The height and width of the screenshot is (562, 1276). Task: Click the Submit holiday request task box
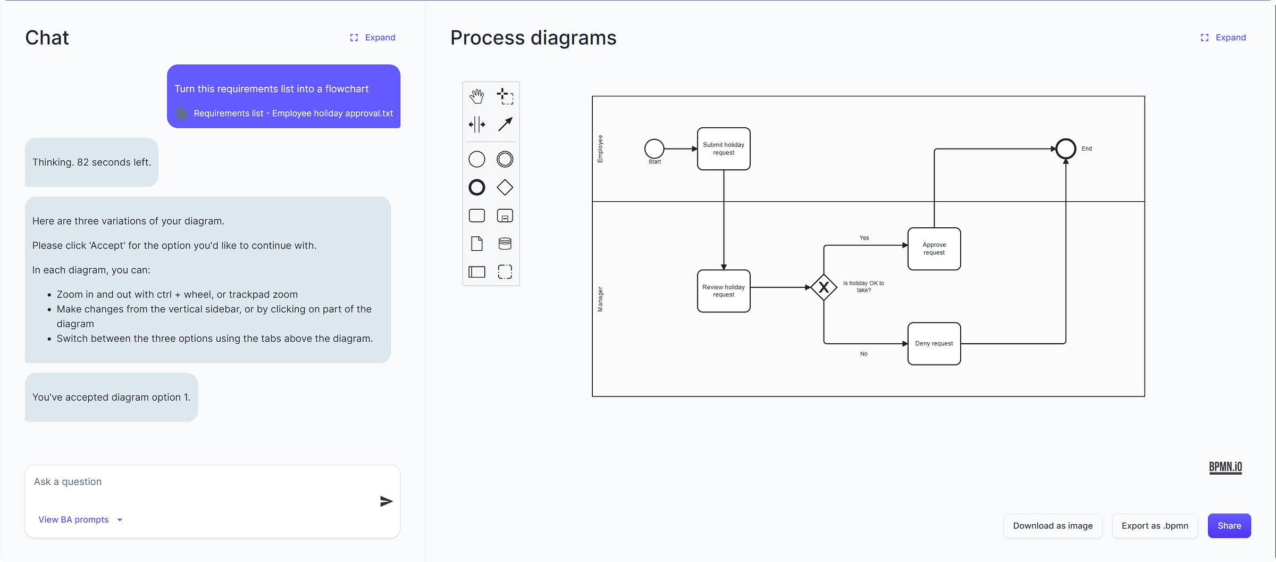point(723,148)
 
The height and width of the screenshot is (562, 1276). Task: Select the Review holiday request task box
point(723,291)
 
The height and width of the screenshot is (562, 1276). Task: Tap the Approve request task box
point(934,249)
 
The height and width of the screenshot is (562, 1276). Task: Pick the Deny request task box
point(934,343)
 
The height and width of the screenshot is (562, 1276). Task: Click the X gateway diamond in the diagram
point(824,287)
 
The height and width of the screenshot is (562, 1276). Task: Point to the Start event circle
point(654,148)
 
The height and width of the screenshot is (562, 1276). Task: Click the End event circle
point(1065,148)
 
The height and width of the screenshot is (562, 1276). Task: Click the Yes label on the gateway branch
point(864,238)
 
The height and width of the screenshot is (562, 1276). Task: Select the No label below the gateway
point(863,353)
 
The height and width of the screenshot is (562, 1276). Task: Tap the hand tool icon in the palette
point(476,96)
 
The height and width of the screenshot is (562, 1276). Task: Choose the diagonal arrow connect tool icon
point(505,124)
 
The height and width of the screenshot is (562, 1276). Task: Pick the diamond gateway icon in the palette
point(505,187)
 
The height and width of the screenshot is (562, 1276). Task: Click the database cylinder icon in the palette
point(505,244)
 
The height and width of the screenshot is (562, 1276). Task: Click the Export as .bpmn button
point(1154,525)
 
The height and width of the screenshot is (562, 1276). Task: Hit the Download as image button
point(1052,525)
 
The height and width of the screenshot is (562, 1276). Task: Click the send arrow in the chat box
point(386,501)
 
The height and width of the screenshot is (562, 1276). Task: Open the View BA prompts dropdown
point(80,519)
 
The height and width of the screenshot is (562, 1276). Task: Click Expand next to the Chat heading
point(373,37)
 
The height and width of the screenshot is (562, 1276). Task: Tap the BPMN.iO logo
point(1225,467)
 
